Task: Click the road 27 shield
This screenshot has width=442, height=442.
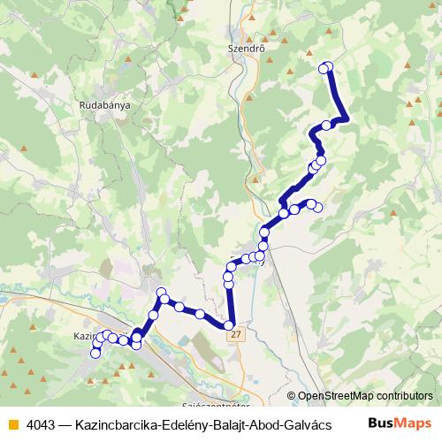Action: [x=233, y=335]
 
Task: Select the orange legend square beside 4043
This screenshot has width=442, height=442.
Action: [x=12, y=423]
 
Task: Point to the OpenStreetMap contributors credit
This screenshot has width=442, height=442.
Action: [x=364, y=396]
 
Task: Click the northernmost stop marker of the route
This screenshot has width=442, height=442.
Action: [x=326, y=66]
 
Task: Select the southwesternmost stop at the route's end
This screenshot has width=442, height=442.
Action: [x=95, y=354]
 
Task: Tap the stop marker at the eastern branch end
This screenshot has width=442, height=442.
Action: [x=318, y=208]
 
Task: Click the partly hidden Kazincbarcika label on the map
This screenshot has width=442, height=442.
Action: [x=84, y=337]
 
